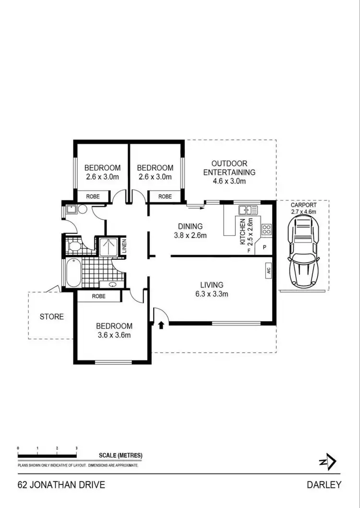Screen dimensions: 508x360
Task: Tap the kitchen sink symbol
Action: [248, 210]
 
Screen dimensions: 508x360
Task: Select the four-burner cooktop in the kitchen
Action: [266, 230]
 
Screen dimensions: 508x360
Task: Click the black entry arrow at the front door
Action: [161, 325]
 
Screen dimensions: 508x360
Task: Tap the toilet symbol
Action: [74, 247]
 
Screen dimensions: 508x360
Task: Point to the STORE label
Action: [51, 317]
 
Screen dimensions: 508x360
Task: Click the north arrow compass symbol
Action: [328, 462]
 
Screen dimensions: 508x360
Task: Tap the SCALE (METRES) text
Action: [120, 456]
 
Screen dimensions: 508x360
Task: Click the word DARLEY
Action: [324, 484]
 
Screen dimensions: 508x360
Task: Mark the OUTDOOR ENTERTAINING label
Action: [229, 168]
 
